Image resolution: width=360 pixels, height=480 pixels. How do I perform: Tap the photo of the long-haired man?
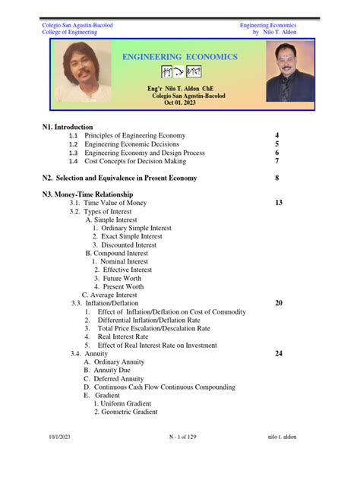point(81,71)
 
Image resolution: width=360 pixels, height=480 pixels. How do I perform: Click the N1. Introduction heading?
point(68,127)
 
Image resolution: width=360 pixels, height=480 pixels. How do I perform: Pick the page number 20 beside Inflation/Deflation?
point(279,302)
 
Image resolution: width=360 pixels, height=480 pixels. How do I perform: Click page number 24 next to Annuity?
point(279,354)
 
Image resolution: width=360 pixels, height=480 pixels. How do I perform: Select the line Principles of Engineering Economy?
point(134,135)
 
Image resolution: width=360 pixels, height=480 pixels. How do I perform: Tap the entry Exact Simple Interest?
point(127,236)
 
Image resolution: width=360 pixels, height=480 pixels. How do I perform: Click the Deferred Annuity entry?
point(116,378)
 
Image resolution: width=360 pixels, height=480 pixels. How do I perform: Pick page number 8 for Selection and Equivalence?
point(277,178)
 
